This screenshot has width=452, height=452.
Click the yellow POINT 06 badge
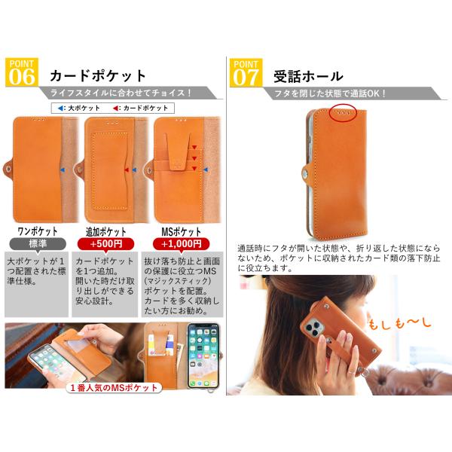coord(22,72)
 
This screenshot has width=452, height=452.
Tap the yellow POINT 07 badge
coord(246,73)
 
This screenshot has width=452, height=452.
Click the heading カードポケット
coord(98,76)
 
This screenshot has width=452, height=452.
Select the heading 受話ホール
coord(308,76)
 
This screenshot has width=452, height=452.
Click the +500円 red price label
coord(105,244)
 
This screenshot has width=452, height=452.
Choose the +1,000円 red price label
coord(181,244)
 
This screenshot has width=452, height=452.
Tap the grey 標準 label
coord(38,244)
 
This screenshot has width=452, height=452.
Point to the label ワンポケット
coord(38,231)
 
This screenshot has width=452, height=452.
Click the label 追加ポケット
coord(106,231)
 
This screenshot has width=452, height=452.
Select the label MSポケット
coord(181,231)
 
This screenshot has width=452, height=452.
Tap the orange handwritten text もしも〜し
coord(399,323)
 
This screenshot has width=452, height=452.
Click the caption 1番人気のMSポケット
coord(115,388)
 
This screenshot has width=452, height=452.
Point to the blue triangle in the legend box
coord(61,108)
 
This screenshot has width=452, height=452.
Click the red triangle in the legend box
coord(115,108)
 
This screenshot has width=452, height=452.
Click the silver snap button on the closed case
coord(306,173)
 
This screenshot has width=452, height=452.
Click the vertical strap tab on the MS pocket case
coord(178,152)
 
